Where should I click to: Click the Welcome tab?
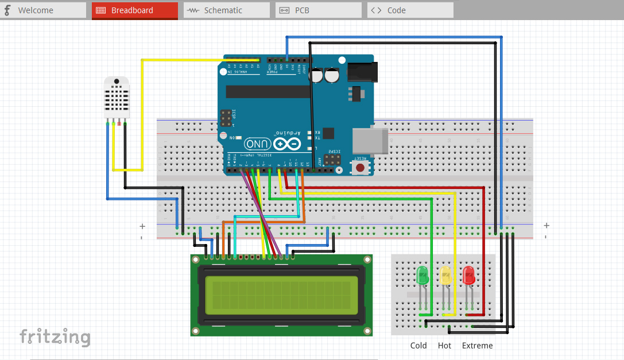pos(43,10)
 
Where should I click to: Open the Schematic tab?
pos(226,10)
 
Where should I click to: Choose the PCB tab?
pos(318,10)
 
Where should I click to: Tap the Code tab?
pos(410,10)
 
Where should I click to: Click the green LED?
pos(423,276)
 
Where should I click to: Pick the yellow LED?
pos(445,276)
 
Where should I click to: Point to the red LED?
pos(468,276)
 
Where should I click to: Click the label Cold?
pos(418,346)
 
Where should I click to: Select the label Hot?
pos(444,346)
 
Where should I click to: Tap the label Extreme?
pos(477,346)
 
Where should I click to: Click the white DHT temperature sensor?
pos(116,97)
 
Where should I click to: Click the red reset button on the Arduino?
pos(360,168)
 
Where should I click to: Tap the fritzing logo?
pos(55,336)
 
